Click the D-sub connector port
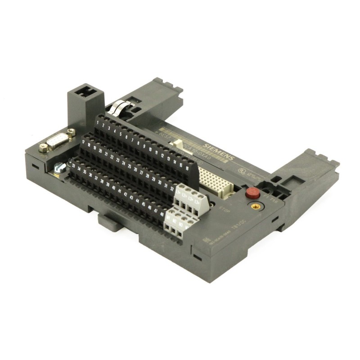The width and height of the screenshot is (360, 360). (57, 143)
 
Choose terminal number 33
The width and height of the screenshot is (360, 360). (73, 165)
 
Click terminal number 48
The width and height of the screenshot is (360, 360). (162, 213)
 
